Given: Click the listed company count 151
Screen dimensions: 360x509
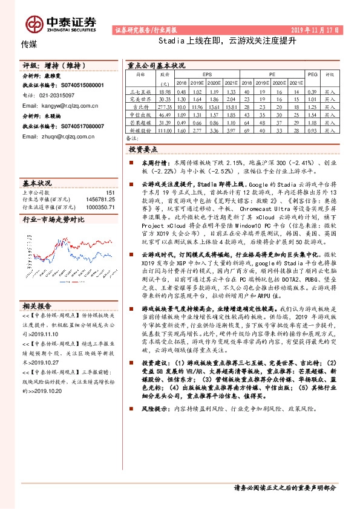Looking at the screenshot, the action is tap(110, 192).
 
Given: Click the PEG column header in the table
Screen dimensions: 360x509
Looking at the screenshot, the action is tap(312, 74).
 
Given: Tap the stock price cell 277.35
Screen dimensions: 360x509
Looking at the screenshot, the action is tap(163, 105).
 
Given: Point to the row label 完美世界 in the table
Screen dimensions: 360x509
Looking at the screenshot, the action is tap(140, 97).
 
